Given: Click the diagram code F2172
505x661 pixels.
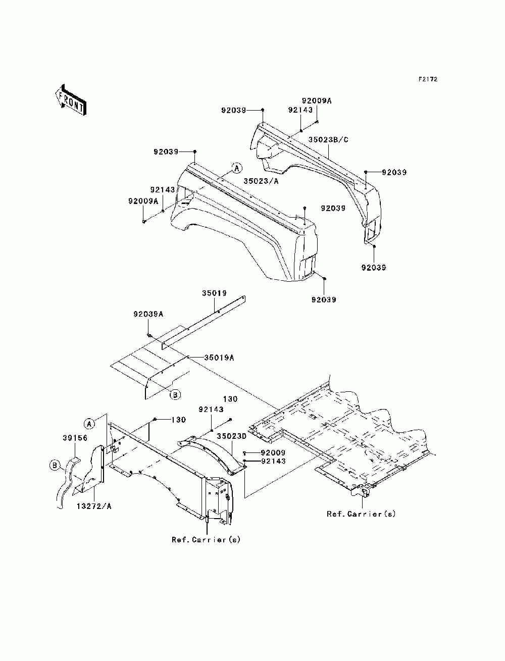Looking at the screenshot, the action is click(x=428, y=79).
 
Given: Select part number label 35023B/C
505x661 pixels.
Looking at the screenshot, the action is click(x=328, y=140).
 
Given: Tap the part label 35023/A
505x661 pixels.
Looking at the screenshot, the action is click(x=261, y=181).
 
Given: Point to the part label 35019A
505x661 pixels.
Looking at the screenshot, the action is click(x=219, y=358).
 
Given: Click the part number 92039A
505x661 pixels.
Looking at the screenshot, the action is click(x=148, y=314).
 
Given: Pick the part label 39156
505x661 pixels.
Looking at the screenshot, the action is click(x=75, y=438).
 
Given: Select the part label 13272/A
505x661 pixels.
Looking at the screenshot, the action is click(x=94, y=506).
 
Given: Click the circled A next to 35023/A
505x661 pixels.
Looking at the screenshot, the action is click(x=237, y=168).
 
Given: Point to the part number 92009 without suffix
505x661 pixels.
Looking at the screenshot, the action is click(x=273, y=452).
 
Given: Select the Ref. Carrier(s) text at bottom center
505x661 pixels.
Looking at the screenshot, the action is click(x=206, y=539).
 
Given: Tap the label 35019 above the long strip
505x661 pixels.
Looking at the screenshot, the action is click(x=214, y=293).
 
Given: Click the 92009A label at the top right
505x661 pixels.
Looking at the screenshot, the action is click(x=317, y=100).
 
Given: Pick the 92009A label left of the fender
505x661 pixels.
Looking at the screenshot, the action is click(x=143, y=201).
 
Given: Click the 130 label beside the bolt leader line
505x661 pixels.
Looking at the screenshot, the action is click(x=179, y=420).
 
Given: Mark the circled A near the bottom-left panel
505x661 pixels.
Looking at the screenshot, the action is click(x=89, y=424).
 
